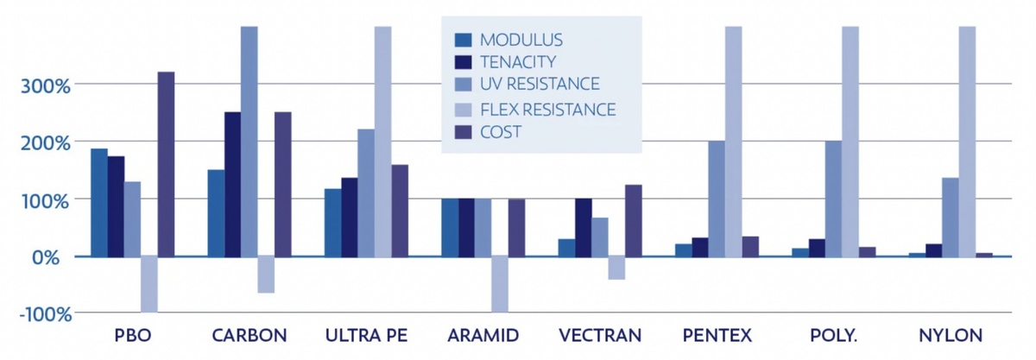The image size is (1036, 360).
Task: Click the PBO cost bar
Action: (166, 164)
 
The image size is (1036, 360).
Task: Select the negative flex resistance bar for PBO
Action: (149, 284)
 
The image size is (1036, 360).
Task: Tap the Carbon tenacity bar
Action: (232, 184)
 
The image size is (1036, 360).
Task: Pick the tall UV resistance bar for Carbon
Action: (250, 142)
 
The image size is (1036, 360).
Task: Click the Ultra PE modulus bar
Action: (333, 223)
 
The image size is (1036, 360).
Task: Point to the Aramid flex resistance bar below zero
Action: (500, 284)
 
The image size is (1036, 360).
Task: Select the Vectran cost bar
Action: (634, 221)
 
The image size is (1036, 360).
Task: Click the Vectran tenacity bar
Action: (584, 227)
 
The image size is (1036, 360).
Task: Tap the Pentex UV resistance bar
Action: (717, 199)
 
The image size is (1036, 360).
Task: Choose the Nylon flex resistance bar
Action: (967, 142)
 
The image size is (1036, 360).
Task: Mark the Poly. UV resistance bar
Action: (833, 199)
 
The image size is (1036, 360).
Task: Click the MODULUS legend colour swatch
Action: (463, 41)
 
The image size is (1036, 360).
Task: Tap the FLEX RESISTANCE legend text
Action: (548, 110)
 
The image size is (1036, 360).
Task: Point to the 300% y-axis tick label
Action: (45, 86)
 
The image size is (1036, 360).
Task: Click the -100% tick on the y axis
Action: (45, 314)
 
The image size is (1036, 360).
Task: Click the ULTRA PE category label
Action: (366, 336)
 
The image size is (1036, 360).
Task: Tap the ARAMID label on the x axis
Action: (483, 336)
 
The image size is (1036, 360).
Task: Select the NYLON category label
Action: (951, 336)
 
